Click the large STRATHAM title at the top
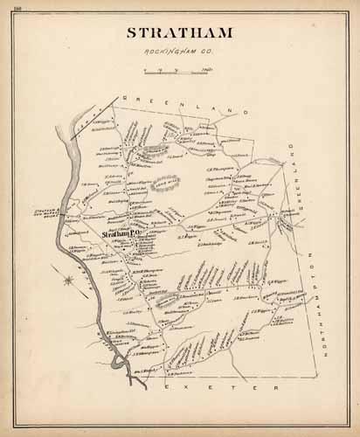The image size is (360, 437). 181,35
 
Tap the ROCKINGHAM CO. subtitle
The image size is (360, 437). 181,54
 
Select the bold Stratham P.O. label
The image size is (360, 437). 120,234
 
